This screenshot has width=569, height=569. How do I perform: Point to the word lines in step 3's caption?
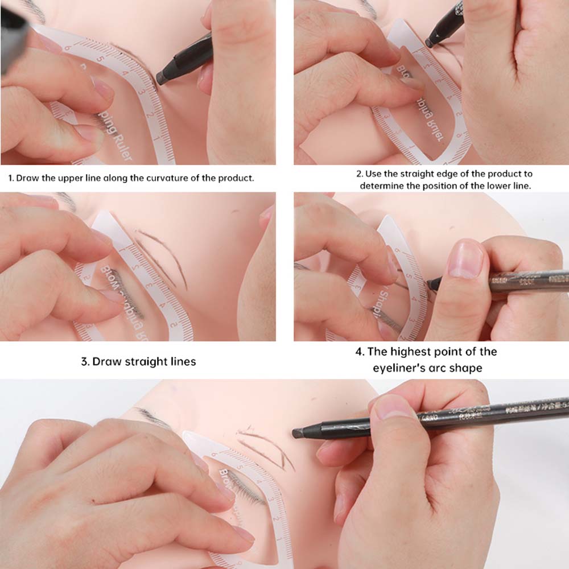point(182,361)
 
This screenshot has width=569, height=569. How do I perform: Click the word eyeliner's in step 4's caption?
point(397,368)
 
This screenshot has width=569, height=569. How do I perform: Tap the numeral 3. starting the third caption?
point(85,361)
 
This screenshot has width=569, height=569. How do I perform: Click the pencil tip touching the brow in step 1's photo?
point(161,78)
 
